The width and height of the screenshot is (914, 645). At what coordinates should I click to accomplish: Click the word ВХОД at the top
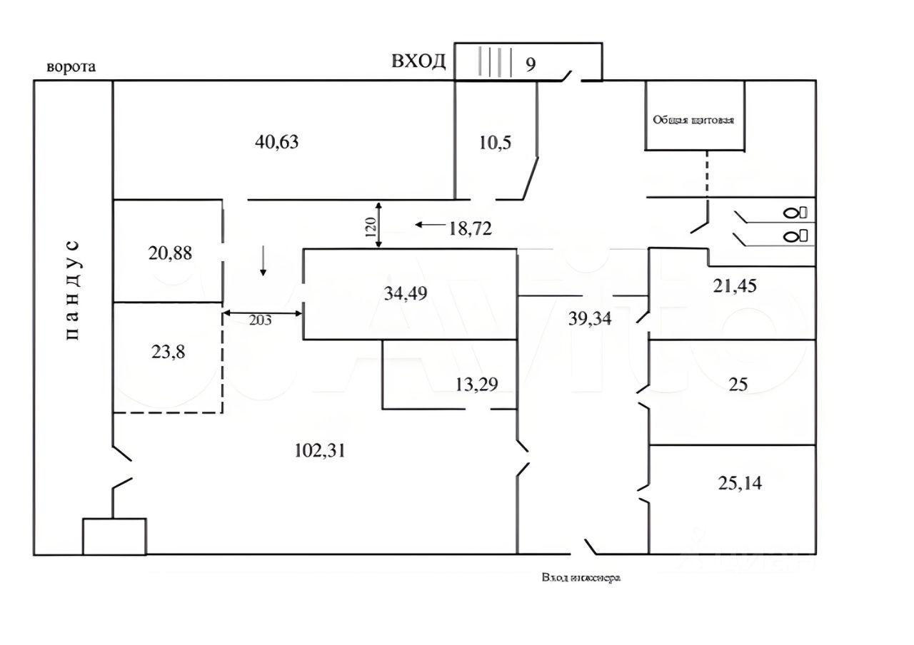coord(418,61)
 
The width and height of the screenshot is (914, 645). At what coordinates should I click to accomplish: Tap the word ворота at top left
coord(71,67)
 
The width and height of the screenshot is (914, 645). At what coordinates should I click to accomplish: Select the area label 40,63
coord(276,142)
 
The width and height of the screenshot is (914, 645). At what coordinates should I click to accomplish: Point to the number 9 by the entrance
coord(531,65)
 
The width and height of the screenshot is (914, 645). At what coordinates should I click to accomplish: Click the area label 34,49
coord(406,293)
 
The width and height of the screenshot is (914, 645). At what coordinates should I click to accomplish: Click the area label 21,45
coord(735,286)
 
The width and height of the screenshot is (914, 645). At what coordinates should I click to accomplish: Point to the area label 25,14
coord(739,483)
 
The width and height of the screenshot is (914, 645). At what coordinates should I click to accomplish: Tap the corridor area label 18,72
coord(470,228)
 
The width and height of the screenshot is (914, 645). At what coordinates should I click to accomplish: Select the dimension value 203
coord(261,320)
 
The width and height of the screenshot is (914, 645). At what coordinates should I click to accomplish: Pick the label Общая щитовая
coord(694,120)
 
